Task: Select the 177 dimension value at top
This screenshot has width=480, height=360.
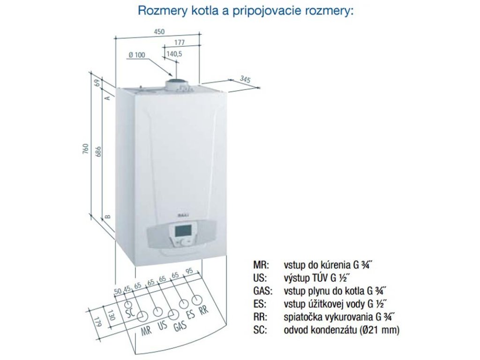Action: [x=180, y=43]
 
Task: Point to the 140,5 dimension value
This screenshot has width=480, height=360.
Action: [x=174, y=54]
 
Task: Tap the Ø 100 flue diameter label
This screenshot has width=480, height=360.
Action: [x=136, y=55]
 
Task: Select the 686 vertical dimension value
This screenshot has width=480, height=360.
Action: [x=97, y=152]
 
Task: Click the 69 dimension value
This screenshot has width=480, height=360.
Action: [x=97, y=83]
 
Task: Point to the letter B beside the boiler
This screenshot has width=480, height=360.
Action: [x=107, y=217]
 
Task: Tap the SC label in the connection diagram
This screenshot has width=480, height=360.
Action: [x=129, y=310]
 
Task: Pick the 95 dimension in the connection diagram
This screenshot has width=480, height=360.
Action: [x=189, y=271]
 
